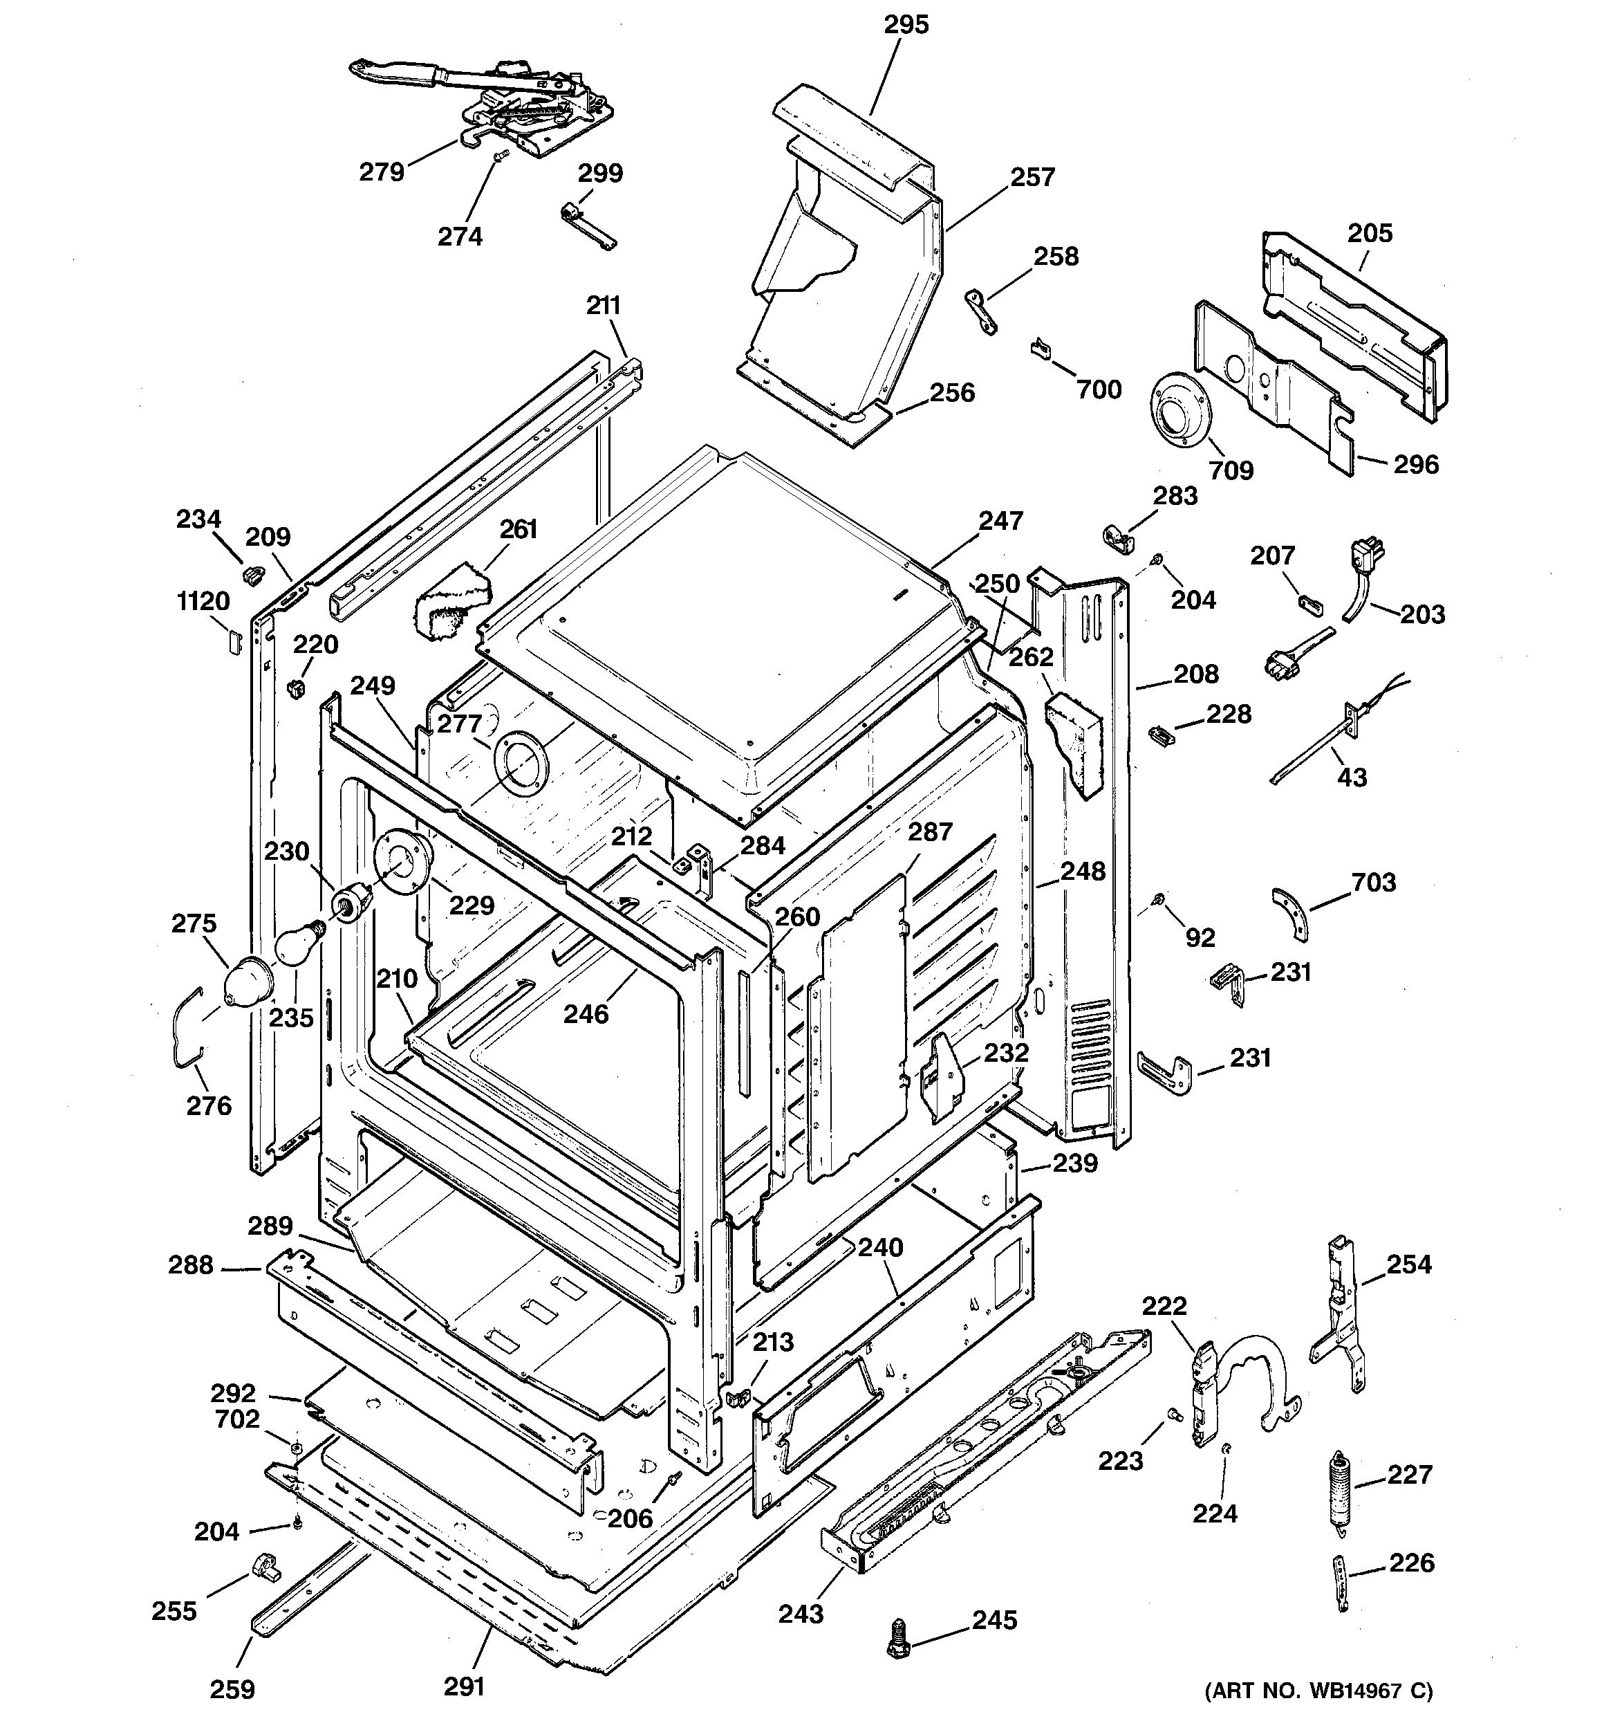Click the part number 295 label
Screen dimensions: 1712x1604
tap(906, 25)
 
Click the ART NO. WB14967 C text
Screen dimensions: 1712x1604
tap(1317, 1690)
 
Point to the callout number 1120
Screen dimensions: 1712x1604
tap(203, 601)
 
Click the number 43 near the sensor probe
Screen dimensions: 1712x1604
tap(1351, 777)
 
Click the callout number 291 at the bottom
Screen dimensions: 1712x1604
tap(464, 1686)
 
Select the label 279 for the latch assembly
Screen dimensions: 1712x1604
tap(382, 172)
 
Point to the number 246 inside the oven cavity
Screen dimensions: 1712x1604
tap(586, 1013)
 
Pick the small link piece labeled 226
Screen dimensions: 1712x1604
tap(1341, 1582)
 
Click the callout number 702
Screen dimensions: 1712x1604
tap(236, 1418)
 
